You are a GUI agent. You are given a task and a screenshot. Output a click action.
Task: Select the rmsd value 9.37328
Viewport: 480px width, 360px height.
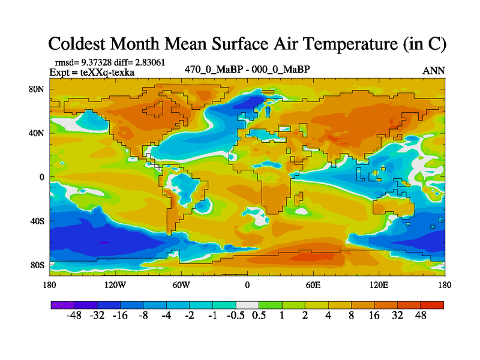pyautogui.click(x=99, y=62)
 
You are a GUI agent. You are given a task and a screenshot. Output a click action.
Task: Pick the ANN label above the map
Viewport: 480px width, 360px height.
pyautogui.click(x=433, y=71)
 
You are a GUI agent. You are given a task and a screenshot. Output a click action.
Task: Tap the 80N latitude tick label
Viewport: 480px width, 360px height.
pyautogui.click(x=38, y=89)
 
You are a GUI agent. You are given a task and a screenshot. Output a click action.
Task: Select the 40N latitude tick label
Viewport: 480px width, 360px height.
pyautogui.click(x=38, y=133)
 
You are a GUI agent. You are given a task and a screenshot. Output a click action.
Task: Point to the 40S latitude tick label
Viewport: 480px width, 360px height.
pyautogui.click(x=38, y=221)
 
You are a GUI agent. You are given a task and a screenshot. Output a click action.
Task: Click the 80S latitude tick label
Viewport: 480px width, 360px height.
pyautogui.click(x=38, y=265)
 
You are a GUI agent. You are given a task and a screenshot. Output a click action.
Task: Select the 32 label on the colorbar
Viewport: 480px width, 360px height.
pyautogui.click(x=397, y=316)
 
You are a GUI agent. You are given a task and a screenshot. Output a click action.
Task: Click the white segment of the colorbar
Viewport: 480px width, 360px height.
pyautogui.click(x=247, y=305)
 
